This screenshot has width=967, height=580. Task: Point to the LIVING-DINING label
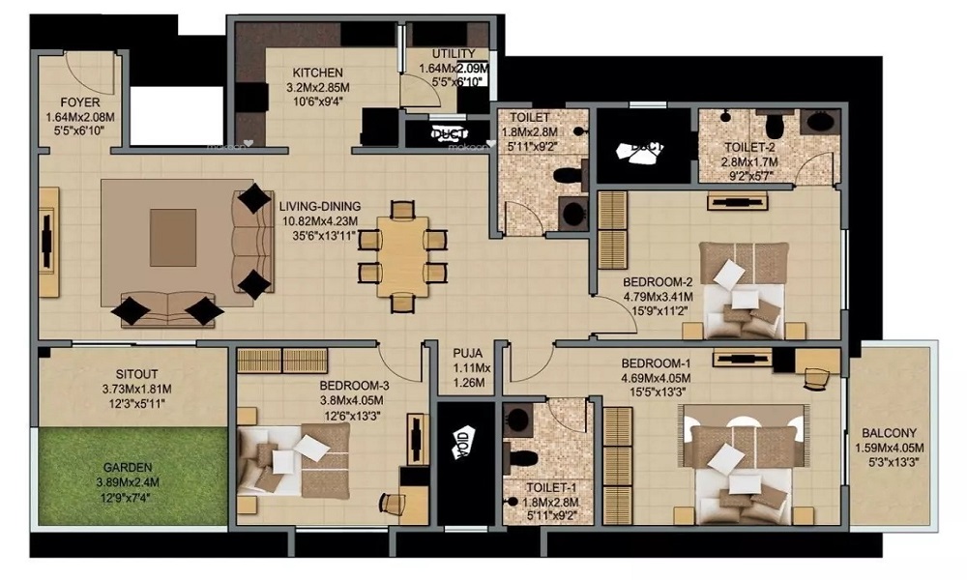pos(320,206)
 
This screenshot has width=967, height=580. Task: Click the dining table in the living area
pos(402,256)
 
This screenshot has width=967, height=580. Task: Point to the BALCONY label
pos(891,433)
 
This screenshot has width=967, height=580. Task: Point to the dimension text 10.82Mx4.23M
pos(320,220)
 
